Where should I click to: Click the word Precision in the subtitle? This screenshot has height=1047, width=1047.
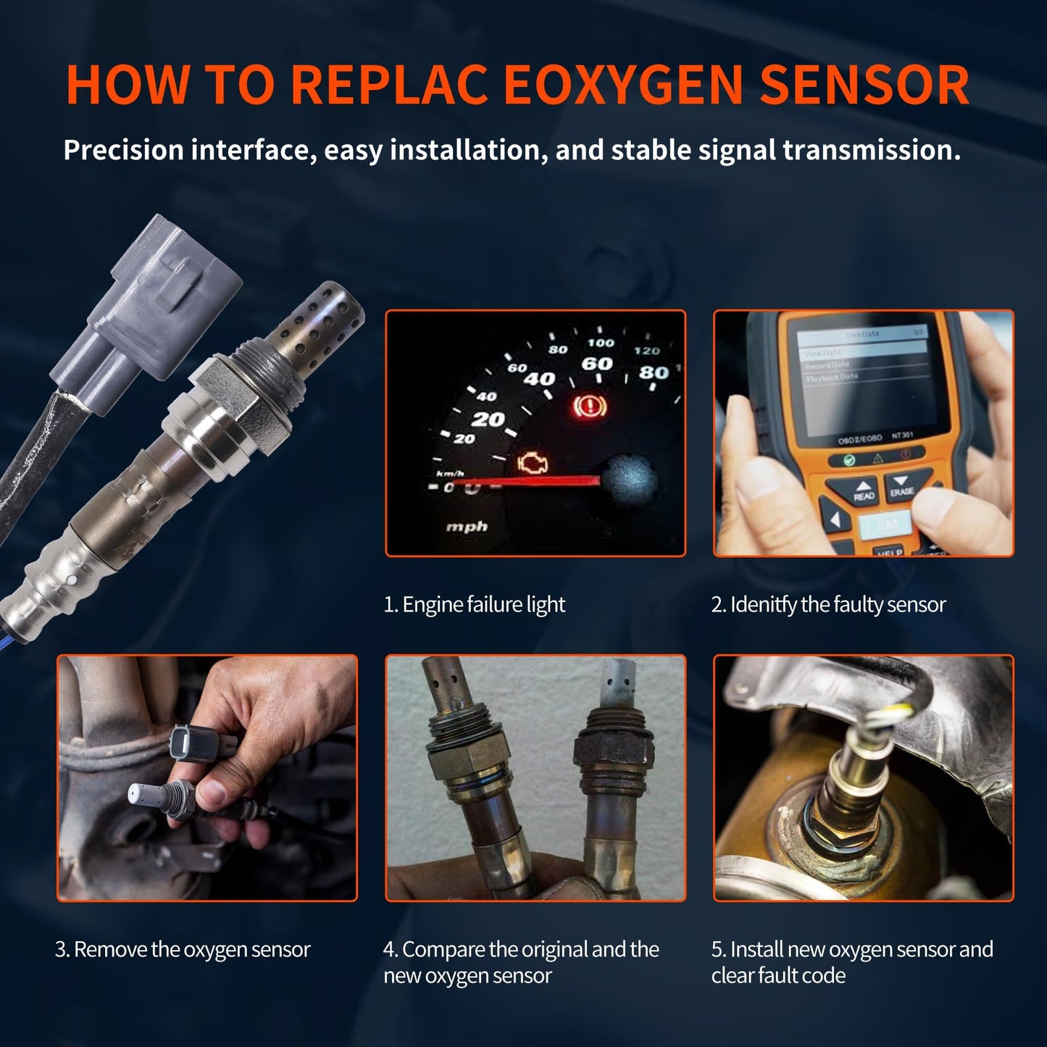coord(123,150)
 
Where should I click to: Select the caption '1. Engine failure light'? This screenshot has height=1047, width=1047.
coord(474,604)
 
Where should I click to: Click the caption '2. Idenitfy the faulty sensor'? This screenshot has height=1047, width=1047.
coord(828,604)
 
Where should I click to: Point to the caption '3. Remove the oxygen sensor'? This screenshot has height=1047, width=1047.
coord(183,949)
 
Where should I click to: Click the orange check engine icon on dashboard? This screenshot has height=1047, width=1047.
coord(533,463)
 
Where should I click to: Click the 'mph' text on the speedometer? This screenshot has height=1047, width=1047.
coord(467,527)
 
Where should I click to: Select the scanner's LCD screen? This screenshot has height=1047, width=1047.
coord(862,377)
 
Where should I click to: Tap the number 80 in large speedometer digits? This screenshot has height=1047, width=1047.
coord(654,372)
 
